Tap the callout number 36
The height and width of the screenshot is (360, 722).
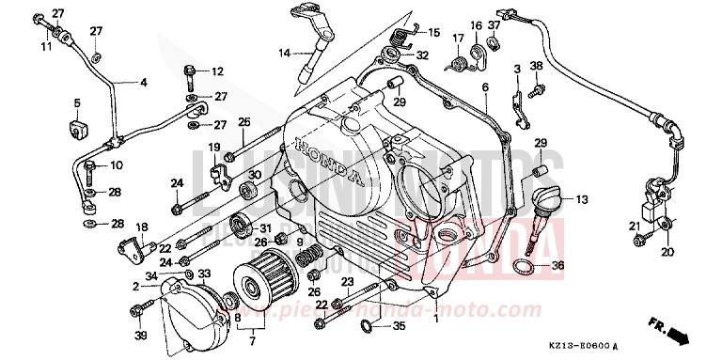tap(557, 267)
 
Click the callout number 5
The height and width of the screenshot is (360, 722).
tap(77, 102)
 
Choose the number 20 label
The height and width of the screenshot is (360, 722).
tap(668, 252)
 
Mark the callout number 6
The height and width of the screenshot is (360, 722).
tap(485, 87)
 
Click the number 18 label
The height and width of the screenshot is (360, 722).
tap(142, 227)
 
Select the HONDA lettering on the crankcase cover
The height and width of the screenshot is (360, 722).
tap(329, 162)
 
